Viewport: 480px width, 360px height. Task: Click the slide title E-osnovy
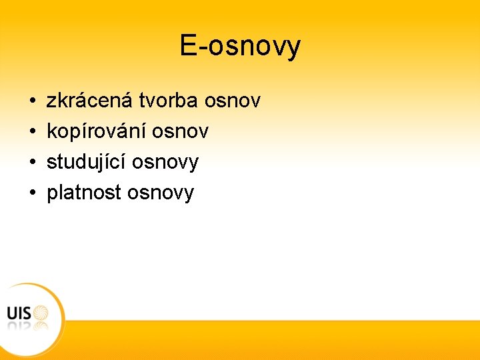tap(240, 46)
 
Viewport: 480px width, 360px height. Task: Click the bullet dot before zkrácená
tap(33, 102)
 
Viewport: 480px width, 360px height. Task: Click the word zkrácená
tap(90, 101)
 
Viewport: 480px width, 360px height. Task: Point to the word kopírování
tap(97, 131)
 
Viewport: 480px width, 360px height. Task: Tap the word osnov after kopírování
tap(181, 131)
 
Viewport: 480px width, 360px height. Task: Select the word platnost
tap(84, 193)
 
